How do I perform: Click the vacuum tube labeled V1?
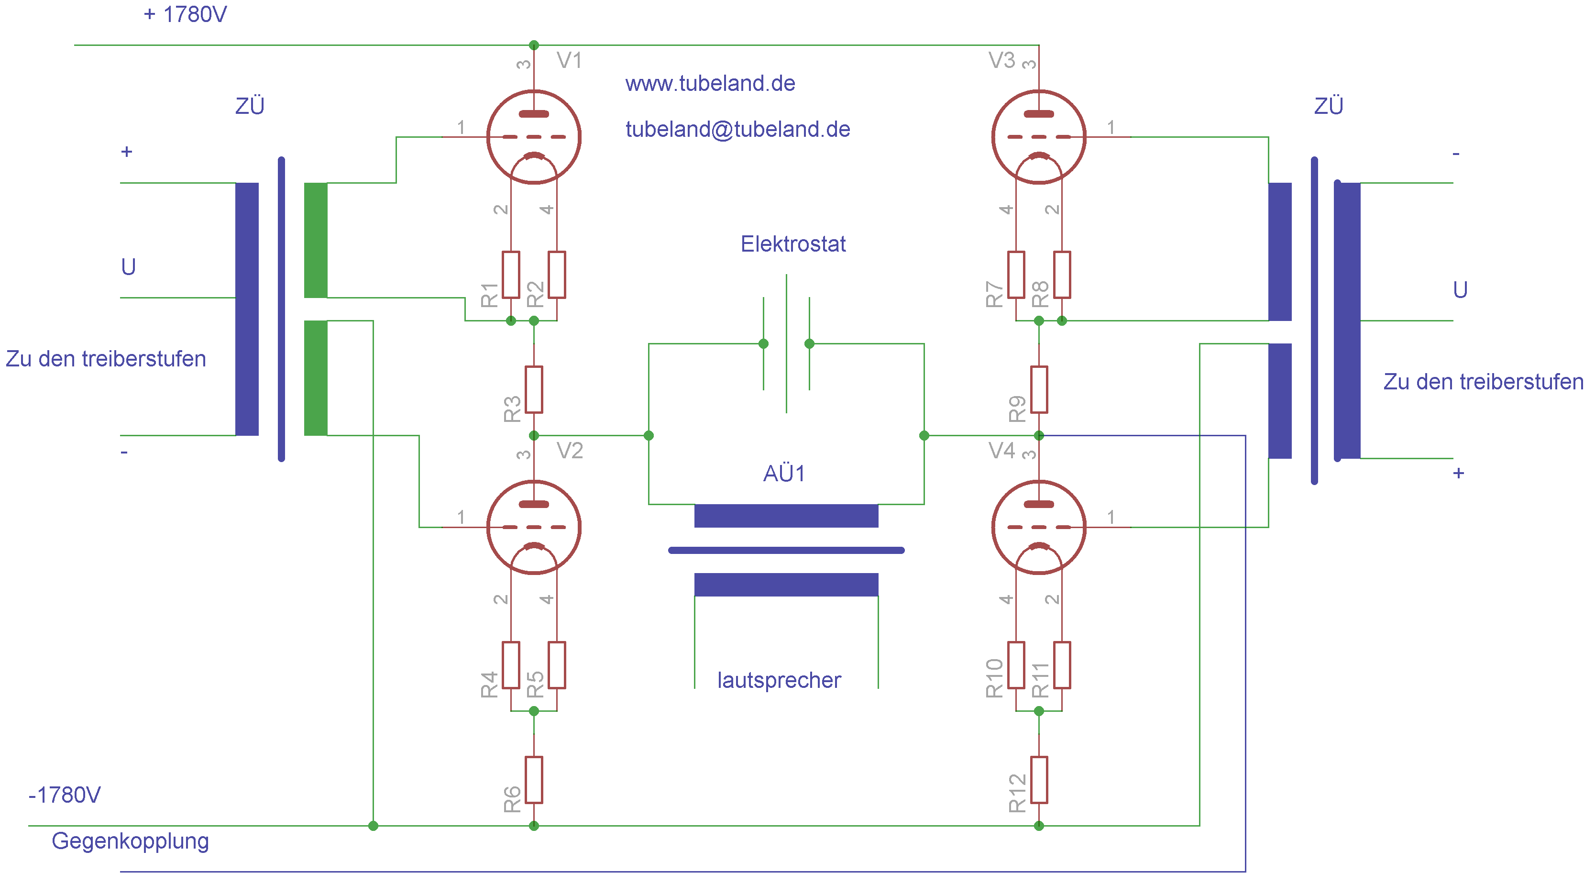click(534, 137)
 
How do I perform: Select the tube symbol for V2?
click(534, 527)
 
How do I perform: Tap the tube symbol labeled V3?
click(1038, 137)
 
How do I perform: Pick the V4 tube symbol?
click(1038, 527)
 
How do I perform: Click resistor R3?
click(534, 389)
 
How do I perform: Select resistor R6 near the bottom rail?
click(534, 780)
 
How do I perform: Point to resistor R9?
click(1039, 389)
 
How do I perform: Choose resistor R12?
click(1039, 780)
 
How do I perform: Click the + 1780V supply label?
click(185, 14)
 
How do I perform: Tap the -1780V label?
click(65, 795)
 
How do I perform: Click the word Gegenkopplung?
click(130, 841)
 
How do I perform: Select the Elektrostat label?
click(792, 244)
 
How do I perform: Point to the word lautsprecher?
click(779, 680)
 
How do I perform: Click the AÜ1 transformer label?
click(784, 474)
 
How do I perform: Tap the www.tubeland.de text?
click(710, 83)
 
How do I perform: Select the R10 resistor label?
click(994, 679)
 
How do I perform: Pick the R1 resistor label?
click(489, 295)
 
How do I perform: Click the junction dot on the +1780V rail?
click(534, 45)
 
